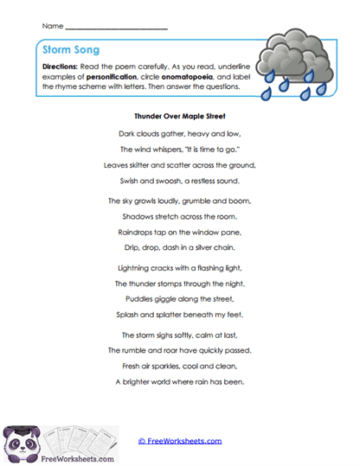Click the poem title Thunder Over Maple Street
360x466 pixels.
(x=180, y=113)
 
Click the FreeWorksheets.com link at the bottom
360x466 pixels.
(x=180, y=441)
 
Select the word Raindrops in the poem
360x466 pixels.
(x=137, y=233)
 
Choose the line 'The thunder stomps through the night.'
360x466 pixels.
(x=180, y=284)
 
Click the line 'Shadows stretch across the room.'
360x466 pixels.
(x=180, y=217)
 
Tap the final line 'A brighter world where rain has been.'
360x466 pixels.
(x=180, y=381)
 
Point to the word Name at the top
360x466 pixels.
(x=52, y=26)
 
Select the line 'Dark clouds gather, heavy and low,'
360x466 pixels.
(x=180, y=133)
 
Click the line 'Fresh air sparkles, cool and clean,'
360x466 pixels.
(x=180, y=366)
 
